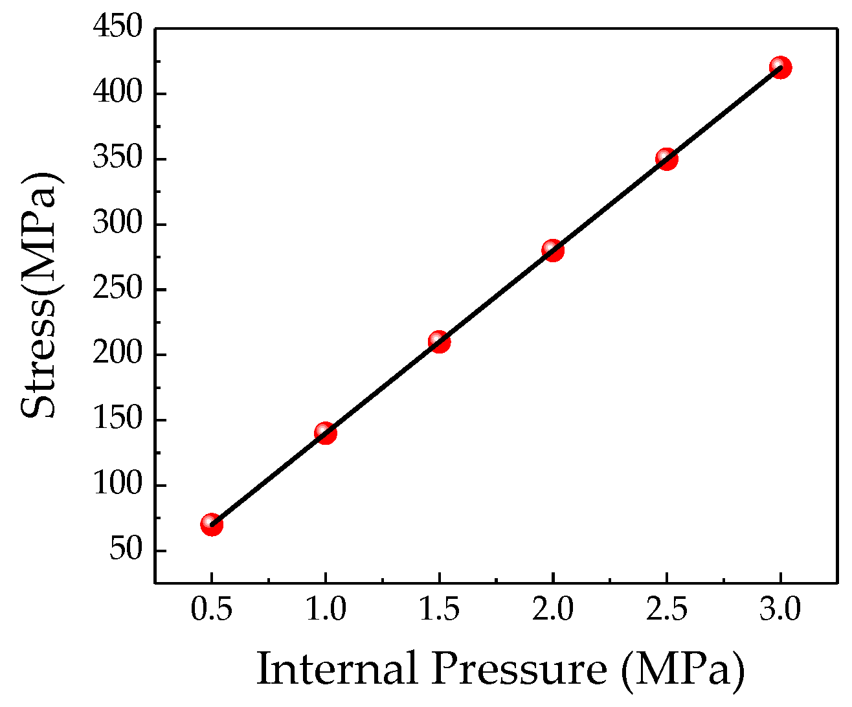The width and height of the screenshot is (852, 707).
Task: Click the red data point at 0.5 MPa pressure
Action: [212, 524]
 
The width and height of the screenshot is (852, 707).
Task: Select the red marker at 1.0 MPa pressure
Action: [326, 433]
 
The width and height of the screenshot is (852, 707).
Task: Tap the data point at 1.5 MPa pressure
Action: [439, 342]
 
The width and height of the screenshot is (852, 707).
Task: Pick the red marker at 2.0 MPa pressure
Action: [552, 250]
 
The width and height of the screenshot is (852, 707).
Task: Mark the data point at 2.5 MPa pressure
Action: [666, 159]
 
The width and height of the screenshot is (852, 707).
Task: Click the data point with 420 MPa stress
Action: [780, 67]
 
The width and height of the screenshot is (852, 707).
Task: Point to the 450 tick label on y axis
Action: [117, 28]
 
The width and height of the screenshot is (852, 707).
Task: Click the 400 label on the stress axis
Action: [117, 94]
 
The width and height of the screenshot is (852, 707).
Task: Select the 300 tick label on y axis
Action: [117, 225]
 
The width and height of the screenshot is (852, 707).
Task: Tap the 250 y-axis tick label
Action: [117, 289]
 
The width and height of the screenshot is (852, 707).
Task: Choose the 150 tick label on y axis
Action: [117, 420]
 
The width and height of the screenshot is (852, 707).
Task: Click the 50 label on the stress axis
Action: [126, 551]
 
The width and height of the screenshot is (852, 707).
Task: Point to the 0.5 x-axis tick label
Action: [212, 610]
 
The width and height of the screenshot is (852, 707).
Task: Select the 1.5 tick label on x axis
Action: [439, 610]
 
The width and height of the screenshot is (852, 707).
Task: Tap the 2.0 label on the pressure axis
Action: [552, 610]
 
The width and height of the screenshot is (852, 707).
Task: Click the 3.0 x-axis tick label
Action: [780, 610]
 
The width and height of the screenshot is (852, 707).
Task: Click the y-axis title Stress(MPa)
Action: [43, 296]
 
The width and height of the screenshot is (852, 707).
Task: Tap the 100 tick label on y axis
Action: [117, 486]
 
